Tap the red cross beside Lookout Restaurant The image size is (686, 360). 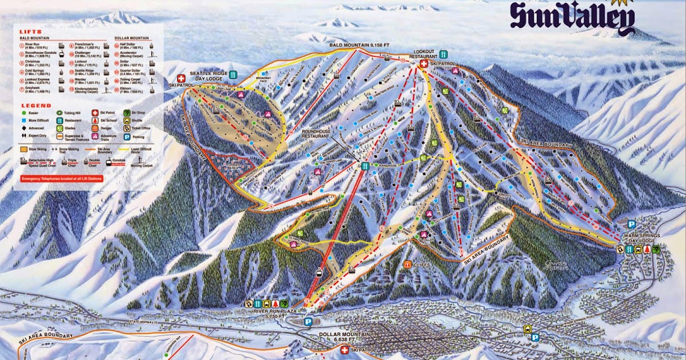point(424,64)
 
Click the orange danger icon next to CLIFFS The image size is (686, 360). point(408,264)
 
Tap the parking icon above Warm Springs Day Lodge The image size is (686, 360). point(632,225)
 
